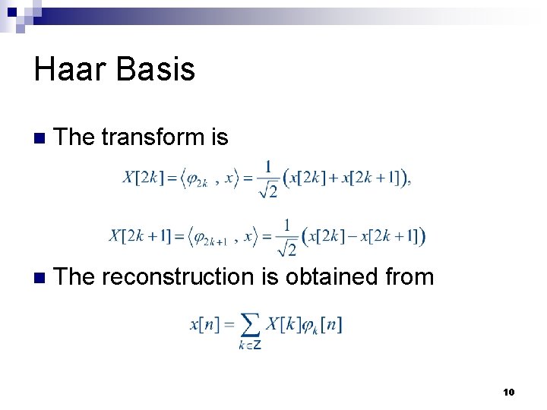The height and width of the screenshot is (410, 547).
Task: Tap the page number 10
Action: click(508, 392)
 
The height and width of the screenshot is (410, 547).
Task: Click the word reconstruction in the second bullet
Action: click(178, 277)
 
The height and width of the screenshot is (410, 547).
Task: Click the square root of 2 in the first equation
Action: click(267, 190)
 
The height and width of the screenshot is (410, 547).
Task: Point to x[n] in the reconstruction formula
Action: click(205, 324)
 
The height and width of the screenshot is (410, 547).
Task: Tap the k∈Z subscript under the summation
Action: click(251, 345)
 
